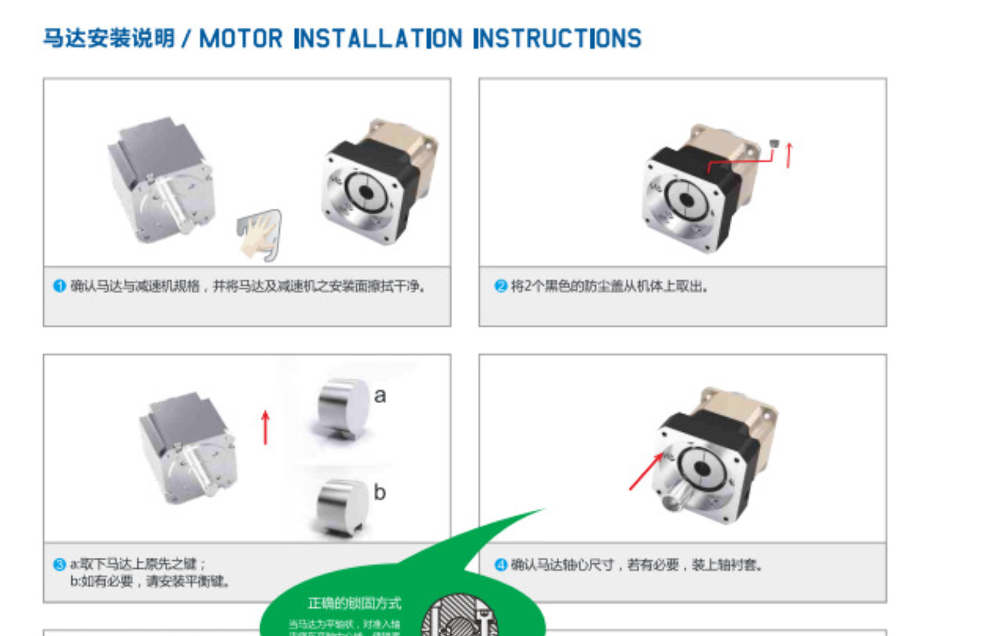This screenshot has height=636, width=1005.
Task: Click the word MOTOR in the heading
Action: click(240, 39)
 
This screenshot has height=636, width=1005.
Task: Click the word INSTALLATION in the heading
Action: click(378, 39)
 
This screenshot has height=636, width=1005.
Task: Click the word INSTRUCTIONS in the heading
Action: click(557, 39)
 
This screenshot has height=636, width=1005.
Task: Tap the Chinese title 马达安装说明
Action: click(109, 38)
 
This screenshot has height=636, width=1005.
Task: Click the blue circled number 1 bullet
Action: click(59, 286)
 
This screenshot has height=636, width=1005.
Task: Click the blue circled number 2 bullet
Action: click(501, 286)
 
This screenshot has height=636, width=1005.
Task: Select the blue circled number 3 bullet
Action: click(59, 564)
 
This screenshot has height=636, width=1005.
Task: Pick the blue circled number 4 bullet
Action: click(501, 564)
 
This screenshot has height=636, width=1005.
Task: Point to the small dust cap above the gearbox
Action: click(773, 144)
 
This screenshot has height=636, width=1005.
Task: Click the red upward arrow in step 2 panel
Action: click(789, 155)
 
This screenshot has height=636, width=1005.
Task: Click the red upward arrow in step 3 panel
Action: click(265, 427)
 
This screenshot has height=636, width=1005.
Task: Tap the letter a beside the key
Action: click(380, 396)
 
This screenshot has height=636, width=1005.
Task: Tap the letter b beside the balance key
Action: click(380, 492)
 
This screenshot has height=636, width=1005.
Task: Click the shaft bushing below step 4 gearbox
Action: click(676, 499)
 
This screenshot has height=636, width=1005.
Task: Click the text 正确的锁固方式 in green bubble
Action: click(354, 603)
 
